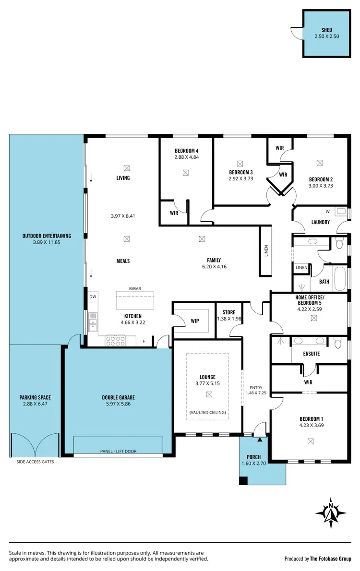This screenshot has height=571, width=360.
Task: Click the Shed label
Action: point(323,30)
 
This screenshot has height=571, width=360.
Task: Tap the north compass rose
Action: point(331,512)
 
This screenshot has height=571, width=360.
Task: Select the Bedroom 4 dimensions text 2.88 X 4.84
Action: point(187,157)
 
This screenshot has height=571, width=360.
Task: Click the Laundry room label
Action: point(320,222)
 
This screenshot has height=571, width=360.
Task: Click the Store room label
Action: point(229,312)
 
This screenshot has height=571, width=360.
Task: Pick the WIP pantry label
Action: point(194,321)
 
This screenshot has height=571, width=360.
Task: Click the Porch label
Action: point(254,457)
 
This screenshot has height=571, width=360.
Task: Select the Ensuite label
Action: point(312,354)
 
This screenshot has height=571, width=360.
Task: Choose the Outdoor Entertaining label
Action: point(47,236)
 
